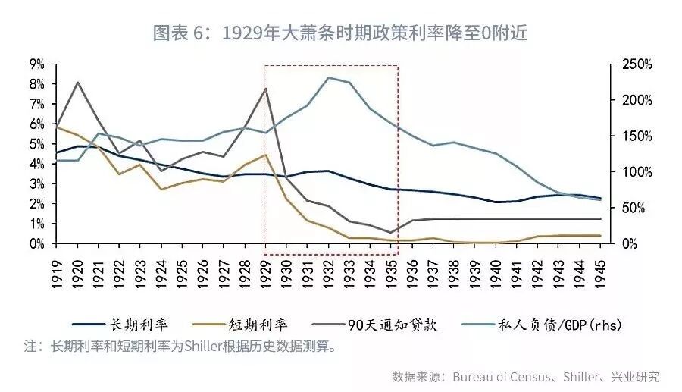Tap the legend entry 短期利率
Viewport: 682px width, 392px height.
pos(258,325)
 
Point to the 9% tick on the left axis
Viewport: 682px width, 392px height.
pos(36,64)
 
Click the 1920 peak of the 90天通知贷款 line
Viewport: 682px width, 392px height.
pos(77,82)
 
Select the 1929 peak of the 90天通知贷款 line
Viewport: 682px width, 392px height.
pos(265,89)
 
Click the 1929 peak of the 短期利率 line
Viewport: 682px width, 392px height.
pos(265,155)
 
